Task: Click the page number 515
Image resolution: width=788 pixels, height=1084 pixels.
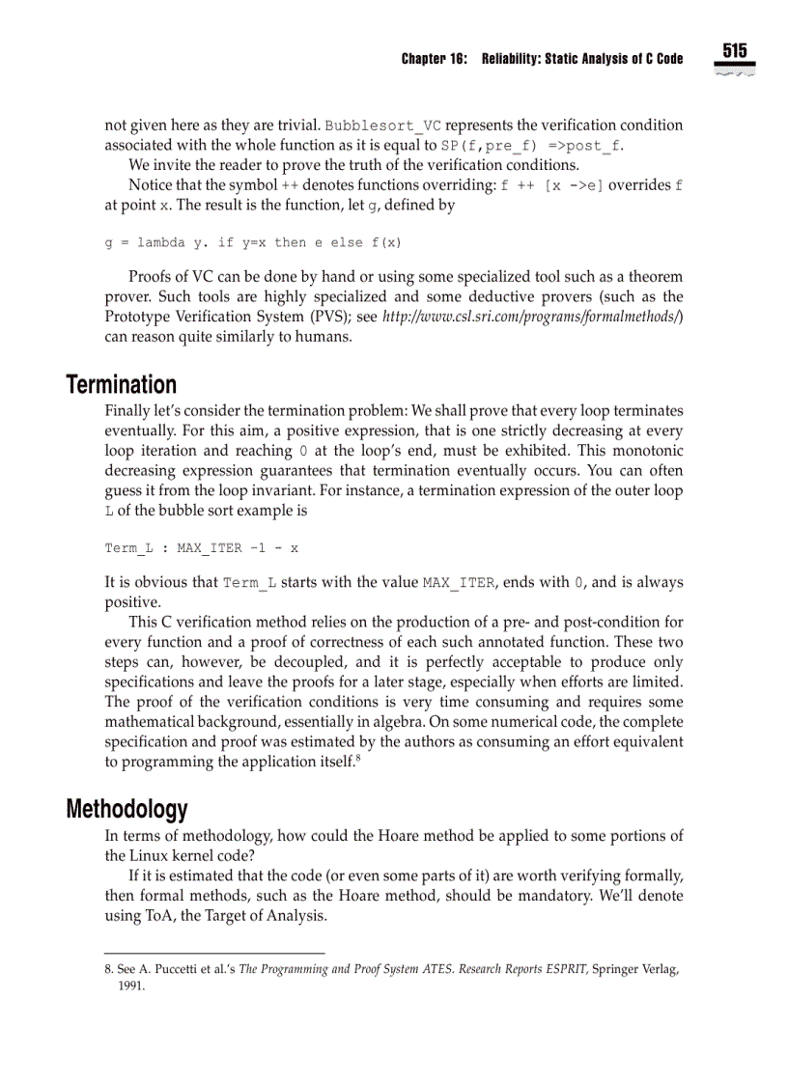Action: [734, 51]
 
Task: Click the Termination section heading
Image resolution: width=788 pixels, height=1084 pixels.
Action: [122, 384]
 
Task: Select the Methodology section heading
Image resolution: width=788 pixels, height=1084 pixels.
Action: [127, 809]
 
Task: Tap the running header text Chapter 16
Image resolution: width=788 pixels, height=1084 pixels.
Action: [434, 59]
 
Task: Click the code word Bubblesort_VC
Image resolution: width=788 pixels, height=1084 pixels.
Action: [383, 125]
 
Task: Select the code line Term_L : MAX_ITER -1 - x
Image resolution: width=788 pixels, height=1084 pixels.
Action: [201, 548]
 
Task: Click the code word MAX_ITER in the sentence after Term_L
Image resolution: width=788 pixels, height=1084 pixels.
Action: [461, 583]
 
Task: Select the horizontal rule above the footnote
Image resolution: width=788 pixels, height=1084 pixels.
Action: [214, 954]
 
